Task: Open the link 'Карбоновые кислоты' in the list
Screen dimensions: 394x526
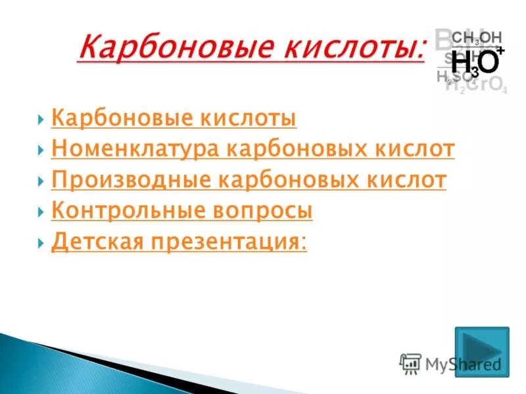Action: point(174,119)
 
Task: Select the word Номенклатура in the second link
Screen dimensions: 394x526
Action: point(134,150)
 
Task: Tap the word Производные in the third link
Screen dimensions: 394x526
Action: point(127,180)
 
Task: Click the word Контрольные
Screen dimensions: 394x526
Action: point(122,211)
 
